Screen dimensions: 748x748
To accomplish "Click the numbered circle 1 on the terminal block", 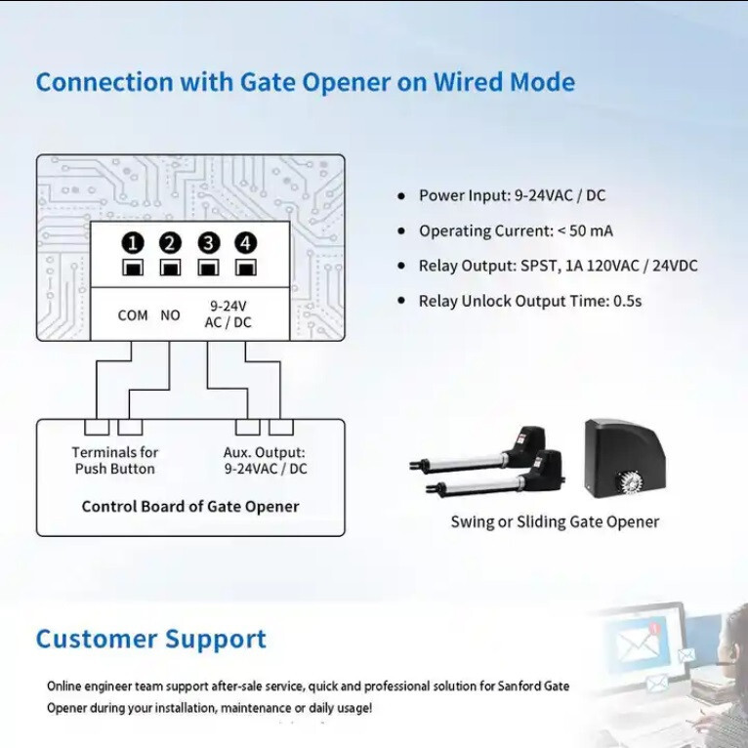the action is point(133,243).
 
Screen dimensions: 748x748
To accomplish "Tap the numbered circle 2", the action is point(170,243).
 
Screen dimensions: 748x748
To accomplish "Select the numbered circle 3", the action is point(208,243).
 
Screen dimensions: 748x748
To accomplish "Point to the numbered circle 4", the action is point(246,243).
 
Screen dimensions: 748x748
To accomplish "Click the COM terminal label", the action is point(133,315).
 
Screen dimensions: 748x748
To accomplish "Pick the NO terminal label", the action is point(170,315).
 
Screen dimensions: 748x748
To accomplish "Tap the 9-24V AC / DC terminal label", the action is point(229,313).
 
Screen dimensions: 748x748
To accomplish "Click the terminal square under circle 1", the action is point(133,268).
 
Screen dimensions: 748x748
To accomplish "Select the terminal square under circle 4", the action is point(246,268).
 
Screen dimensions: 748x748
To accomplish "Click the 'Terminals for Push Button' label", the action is point(115,460).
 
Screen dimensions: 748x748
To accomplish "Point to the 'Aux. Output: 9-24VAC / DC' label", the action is point(266,460).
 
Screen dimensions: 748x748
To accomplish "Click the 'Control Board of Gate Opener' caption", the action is point(190,506).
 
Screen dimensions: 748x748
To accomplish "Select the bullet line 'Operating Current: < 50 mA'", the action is point(516,230).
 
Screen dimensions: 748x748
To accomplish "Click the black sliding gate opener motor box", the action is point(624,459).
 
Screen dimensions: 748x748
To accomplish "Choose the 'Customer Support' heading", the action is point(151,639).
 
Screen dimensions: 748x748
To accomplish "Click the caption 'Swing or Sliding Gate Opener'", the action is point(555,521).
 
